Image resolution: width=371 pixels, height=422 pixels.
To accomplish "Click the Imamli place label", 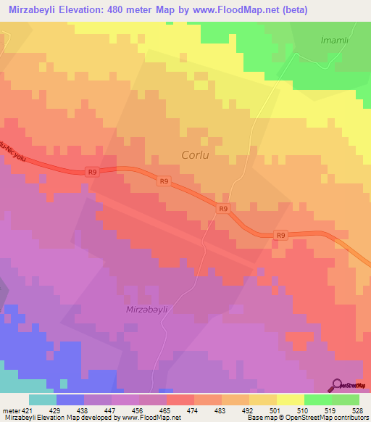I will pyautogui.click(x=335, y=40).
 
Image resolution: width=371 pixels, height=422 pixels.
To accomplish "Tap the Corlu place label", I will pyautogui.click(x=197, y=154).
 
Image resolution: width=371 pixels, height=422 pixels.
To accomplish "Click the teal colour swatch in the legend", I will pyautogui.click(x=43, y=400).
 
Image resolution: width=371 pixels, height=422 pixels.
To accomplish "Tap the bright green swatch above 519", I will pyautogui.click(x=318, y=400).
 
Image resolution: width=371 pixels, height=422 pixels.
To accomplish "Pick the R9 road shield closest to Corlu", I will pyautogui.click(x=164, y=181).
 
